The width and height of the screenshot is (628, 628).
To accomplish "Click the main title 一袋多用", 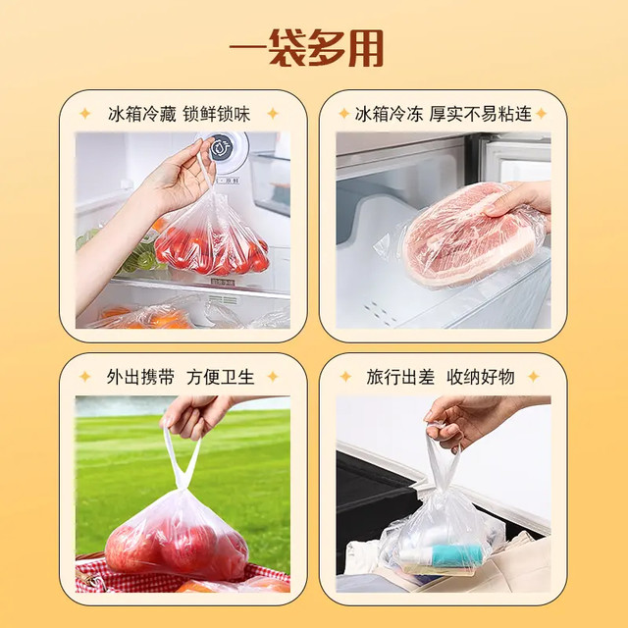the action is click(x=307, y=48).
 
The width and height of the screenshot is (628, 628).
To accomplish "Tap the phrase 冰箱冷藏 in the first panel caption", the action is click(x=142, y=114).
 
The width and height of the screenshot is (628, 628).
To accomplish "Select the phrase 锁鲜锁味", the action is click(x=217, y=114).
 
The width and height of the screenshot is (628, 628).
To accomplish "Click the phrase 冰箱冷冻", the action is click(x=389, y=114).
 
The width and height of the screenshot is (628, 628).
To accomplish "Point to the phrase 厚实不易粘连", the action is click(x=481, y=114).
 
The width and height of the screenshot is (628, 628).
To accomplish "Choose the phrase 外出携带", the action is click(x=140, y=377).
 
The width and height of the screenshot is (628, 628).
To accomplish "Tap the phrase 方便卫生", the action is click(x=221, y=377).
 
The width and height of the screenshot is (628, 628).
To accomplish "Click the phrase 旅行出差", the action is click(x=400, y=377).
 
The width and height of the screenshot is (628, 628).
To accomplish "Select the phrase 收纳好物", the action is click(x=481, y=377).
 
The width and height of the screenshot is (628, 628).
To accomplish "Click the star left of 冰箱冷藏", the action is click(x=85, y=114).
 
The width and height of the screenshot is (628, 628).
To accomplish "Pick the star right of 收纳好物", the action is click(x=533, y=377).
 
